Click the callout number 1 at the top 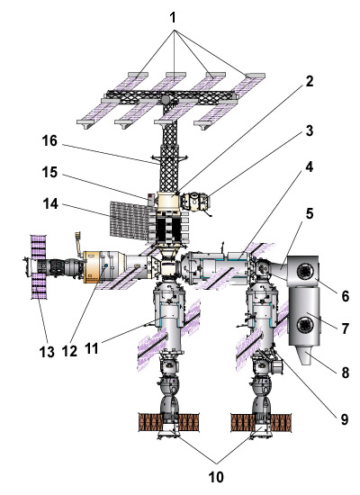click(173, 18)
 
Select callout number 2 click(310, 81)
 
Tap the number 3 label click(310, 130)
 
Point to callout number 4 click(310, 166)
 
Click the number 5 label click(310, 213)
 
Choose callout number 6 click(346, 296)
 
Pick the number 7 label click(346, 328)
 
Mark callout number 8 click(346, 373)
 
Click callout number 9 click(344, 419)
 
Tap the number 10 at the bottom click(216, 477)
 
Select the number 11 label click(92, 348)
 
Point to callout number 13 click(47, 352)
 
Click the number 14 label click(50, 204)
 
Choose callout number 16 click(49, 140)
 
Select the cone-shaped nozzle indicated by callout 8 click(305, 355)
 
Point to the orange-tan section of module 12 click(91, 266)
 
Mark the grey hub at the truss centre click(165, 101)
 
